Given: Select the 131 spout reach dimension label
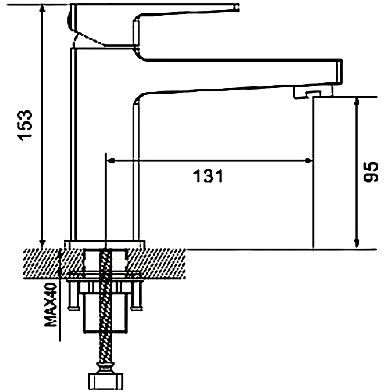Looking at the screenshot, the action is click(208, 176).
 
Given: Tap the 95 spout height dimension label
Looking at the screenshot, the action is click(371, 172).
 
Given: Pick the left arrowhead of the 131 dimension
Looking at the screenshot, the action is click(111, 160).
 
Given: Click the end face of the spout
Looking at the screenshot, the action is click(339, 72).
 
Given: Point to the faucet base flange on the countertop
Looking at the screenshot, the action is click(105, 244).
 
